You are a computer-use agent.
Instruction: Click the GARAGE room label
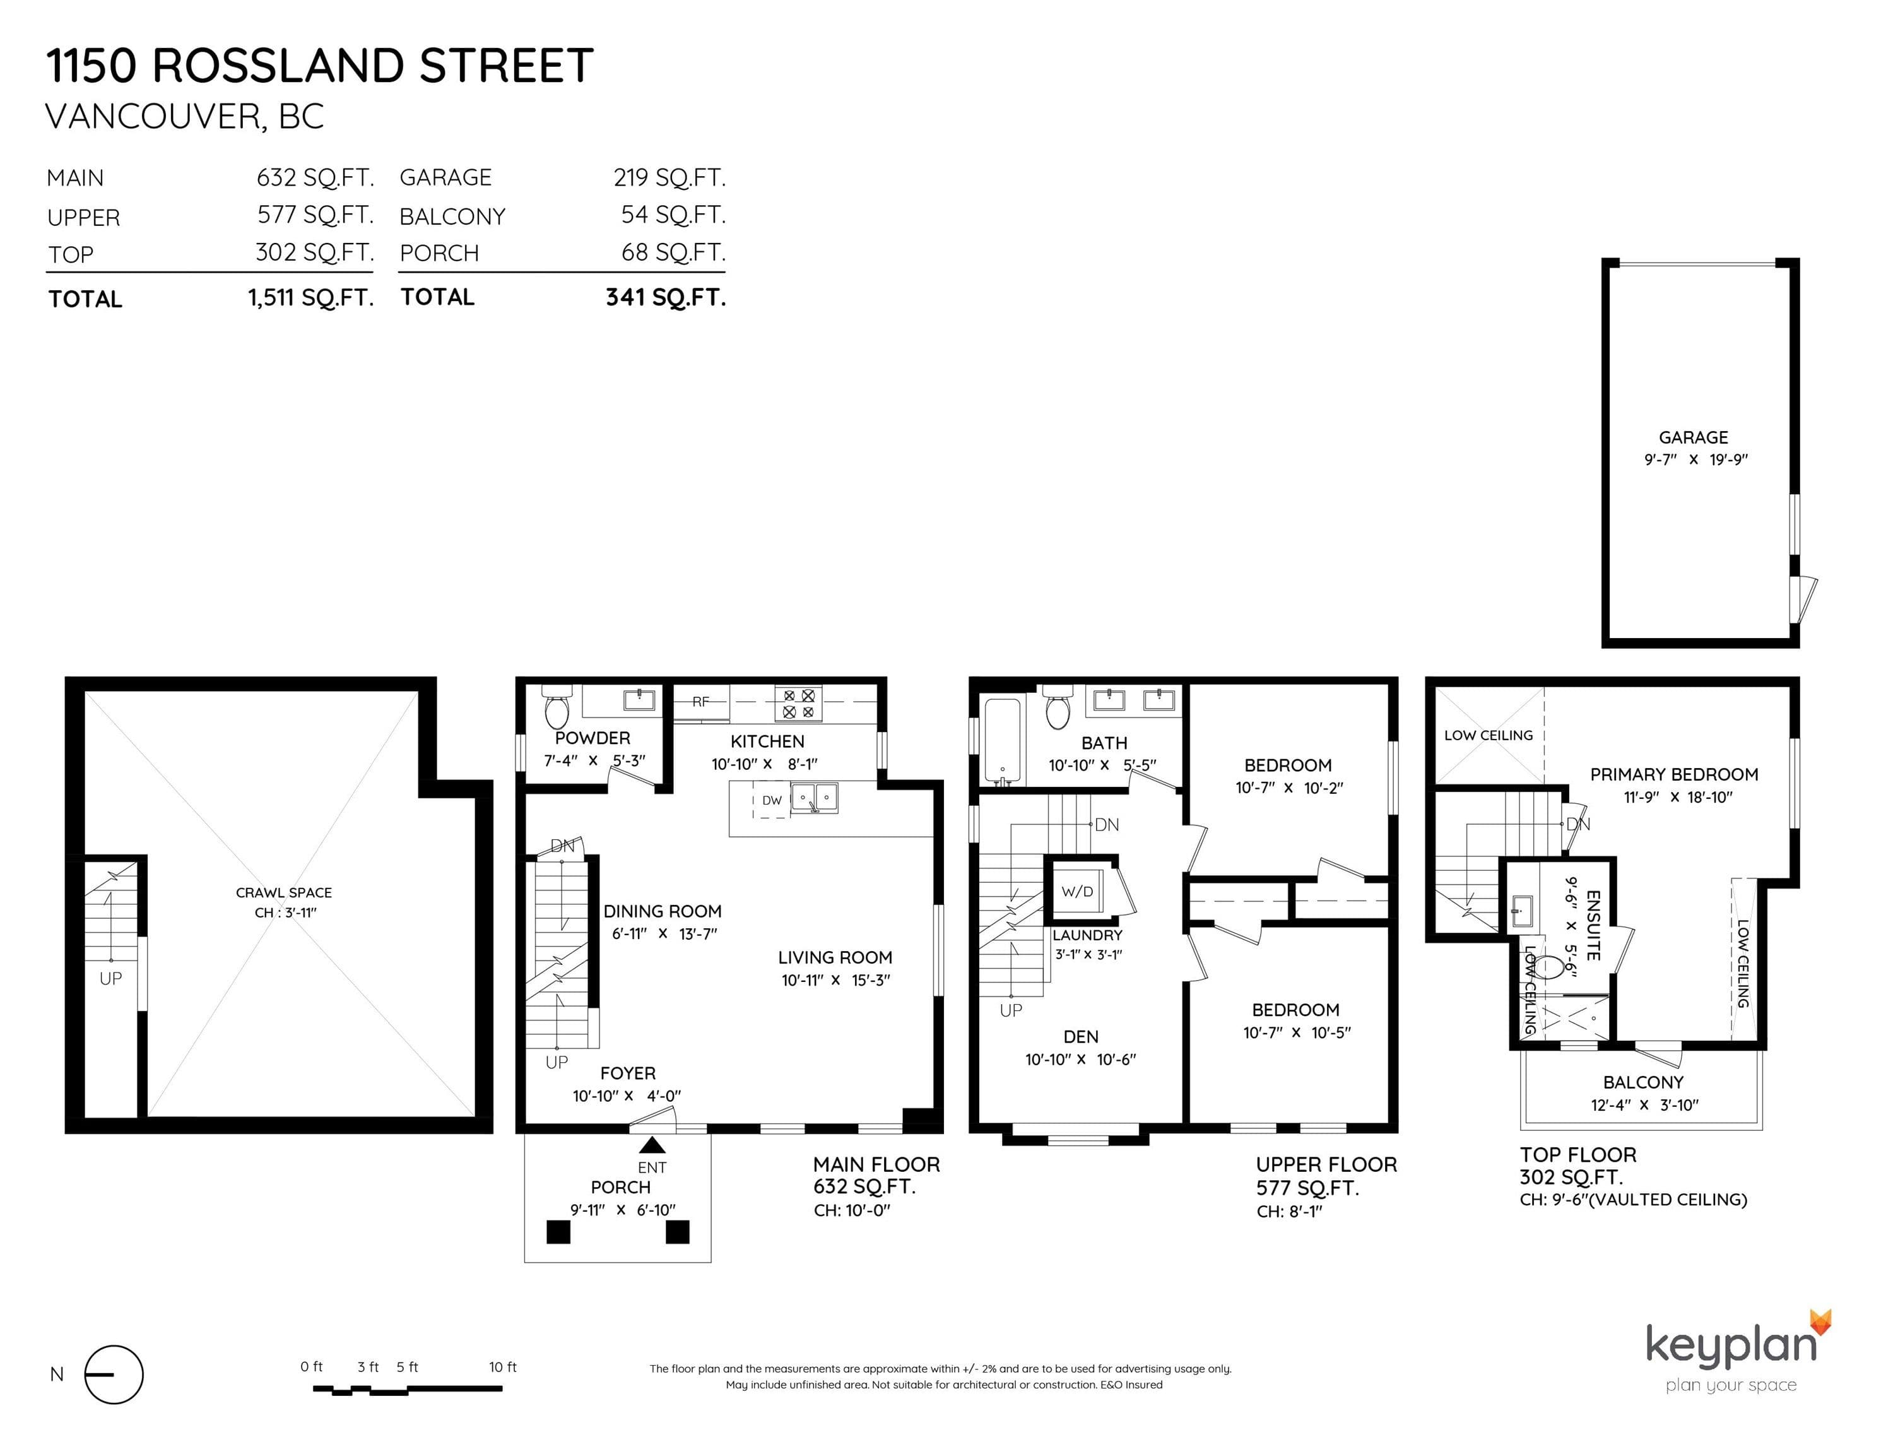coord(1693,437)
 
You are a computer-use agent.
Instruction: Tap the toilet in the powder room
coord(557,707)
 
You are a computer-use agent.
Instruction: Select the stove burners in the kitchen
coord(798,703)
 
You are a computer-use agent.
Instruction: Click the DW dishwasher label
coord(772,800)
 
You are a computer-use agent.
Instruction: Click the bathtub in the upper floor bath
coord(1001,742)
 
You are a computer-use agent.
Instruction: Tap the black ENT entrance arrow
coord(652,1145)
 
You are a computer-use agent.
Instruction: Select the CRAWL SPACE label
coord(283,892)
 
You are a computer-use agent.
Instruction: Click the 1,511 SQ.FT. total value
coord(311,298)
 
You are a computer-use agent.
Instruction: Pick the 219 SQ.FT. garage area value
coord(669,177)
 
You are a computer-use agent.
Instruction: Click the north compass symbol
coord(114,1374)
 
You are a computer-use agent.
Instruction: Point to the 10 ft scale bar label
coord(502,1367)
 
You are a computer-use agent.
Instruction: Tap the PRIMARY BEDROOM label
coord(1673,774)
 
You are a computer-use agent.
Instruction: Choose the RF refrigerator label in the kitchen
coord(700,701)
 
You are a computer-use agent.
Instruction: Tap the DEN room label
coord(1081,1037)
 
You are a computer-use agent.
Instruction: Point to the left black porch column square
coord(558,1232)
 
